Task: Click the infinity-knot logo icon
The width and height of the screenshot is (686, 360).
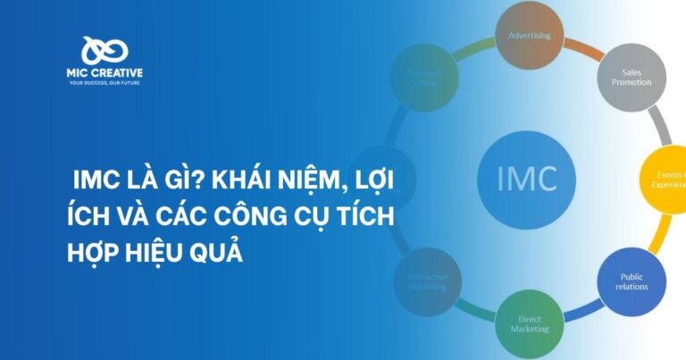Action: (105, 52)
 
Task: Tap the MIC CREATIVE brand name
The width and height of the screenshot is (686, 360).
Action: (105, 72)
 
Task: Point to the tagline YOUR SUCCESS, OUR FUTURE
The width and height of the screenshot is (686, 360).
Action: (105, 83)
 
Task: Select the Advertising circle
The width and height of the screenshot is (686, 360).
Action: (530, 37)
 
